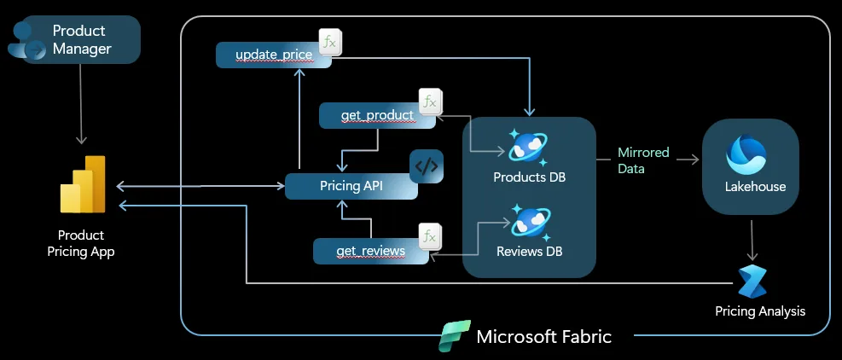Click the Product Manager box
(x=82, y=40)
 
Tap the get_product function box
(x=375, y=115)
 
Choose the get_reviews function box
(x=369, y=250)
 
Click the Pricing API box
(x=350, y=186)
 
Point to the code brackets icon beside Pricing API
(x=427, y=167)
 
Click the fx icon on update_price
(x=330, y=42)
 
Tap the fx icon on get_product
(x=430, y=102)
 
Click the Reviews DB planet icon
(x=529, y=221)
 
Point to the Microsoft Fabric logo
(x=455, y=336)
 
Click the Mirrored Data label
(x=644, y=160)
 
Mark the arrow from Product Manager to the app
(x=81, y=103)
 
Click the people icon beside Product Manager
(x=27, y=40)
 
